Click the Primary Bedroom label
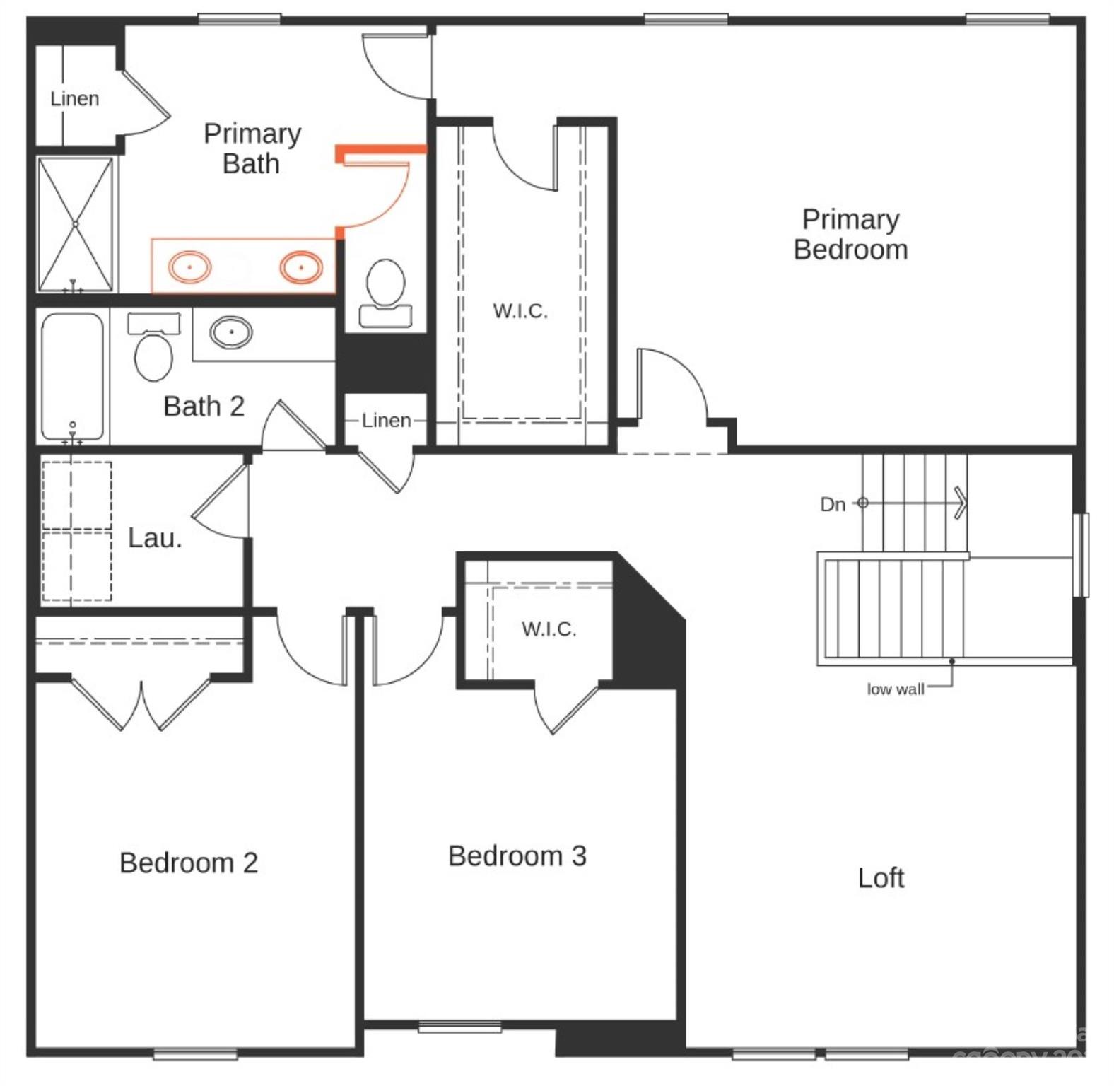click(x=850, y=235)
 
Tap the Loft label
click(x=881, y=878)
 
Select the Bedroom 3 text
click(x=517, y=856)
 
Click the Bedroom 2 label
click(x=189, y=863)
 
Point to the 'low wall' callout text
click(x=895, y=689)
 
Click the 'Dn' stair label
click(x=833, y=504)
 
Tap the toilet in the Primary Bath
click(x=386, y=291)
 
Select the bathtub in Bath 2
click(x=73, y=376)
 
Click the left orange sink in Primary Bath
click(x=189, y=267)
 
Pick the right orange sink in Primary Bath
click(x=301, y=267)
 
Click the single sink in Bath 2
click(x=230, y=331)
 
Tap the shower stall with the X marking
click(x=75, y=224)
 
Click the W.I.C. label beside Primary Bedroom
click(x=520, y=311)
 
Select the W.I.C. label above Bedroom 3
click(x=549, y=629)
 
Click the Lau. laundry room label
click(x=155, y=538)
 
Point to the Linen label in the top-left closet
click(x=75, y=99)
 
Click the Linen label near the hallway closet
click(x=386, y=421)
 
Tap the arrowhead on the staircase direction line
click(x=960, y=503)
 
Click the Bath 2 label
click(x=204, y=407)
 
